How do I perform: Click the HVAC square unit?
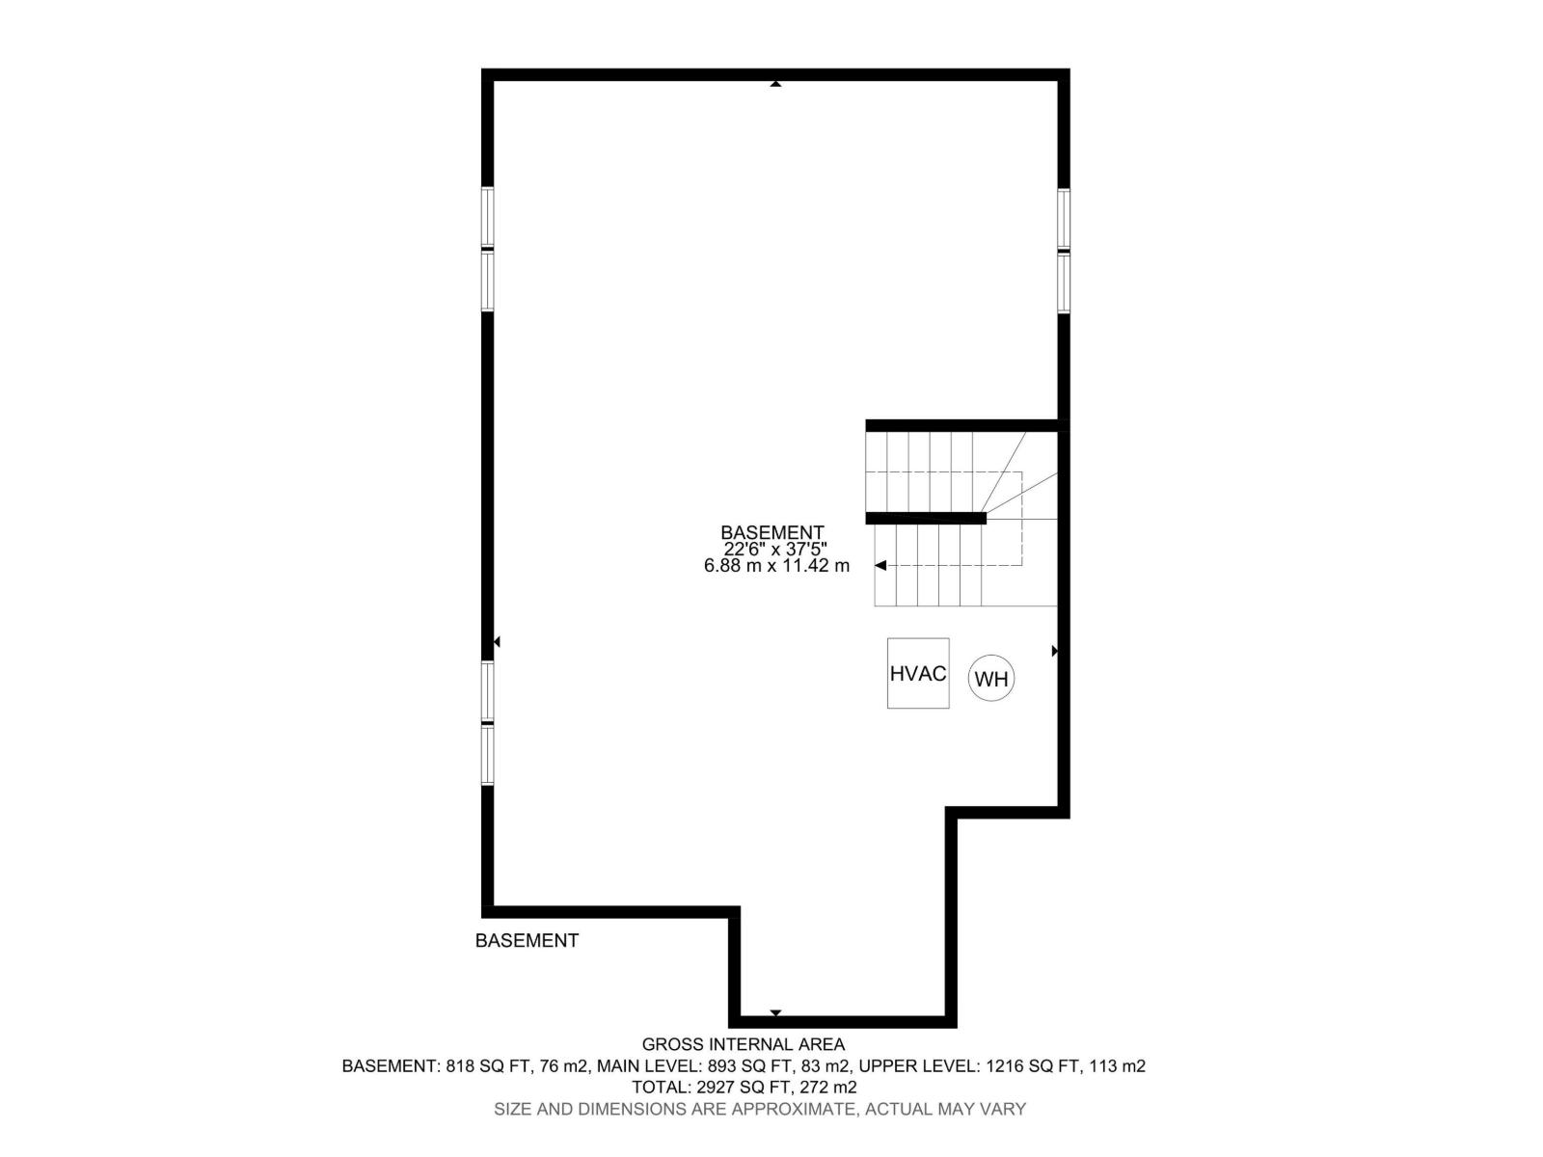918,673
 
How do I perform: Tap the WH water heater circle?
991,679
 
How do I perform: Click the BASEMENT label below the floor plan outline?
527,941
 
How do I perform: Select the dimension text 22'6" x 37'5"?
775,550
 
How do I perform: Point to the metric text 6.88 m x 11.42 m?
776,566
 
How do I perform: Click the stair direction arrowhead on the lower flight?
880,566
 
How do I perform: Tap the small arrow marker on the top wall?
775,84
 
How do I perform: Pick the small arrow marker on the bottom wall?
775,1012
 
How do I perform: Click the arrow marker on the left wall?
497,641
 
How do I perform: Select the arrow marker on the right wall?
1054,652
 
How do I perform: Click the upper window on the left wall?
488,249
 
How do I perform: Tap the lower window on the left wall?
488,722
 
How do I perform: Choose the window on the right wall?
1064,251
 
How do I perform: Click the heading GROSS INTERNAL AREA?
744,1044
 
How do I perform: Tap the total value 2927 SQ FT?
744,1088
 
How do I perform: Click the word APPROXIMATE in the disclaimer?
793,1109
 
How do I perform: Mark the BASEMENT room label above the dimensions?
772,533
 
